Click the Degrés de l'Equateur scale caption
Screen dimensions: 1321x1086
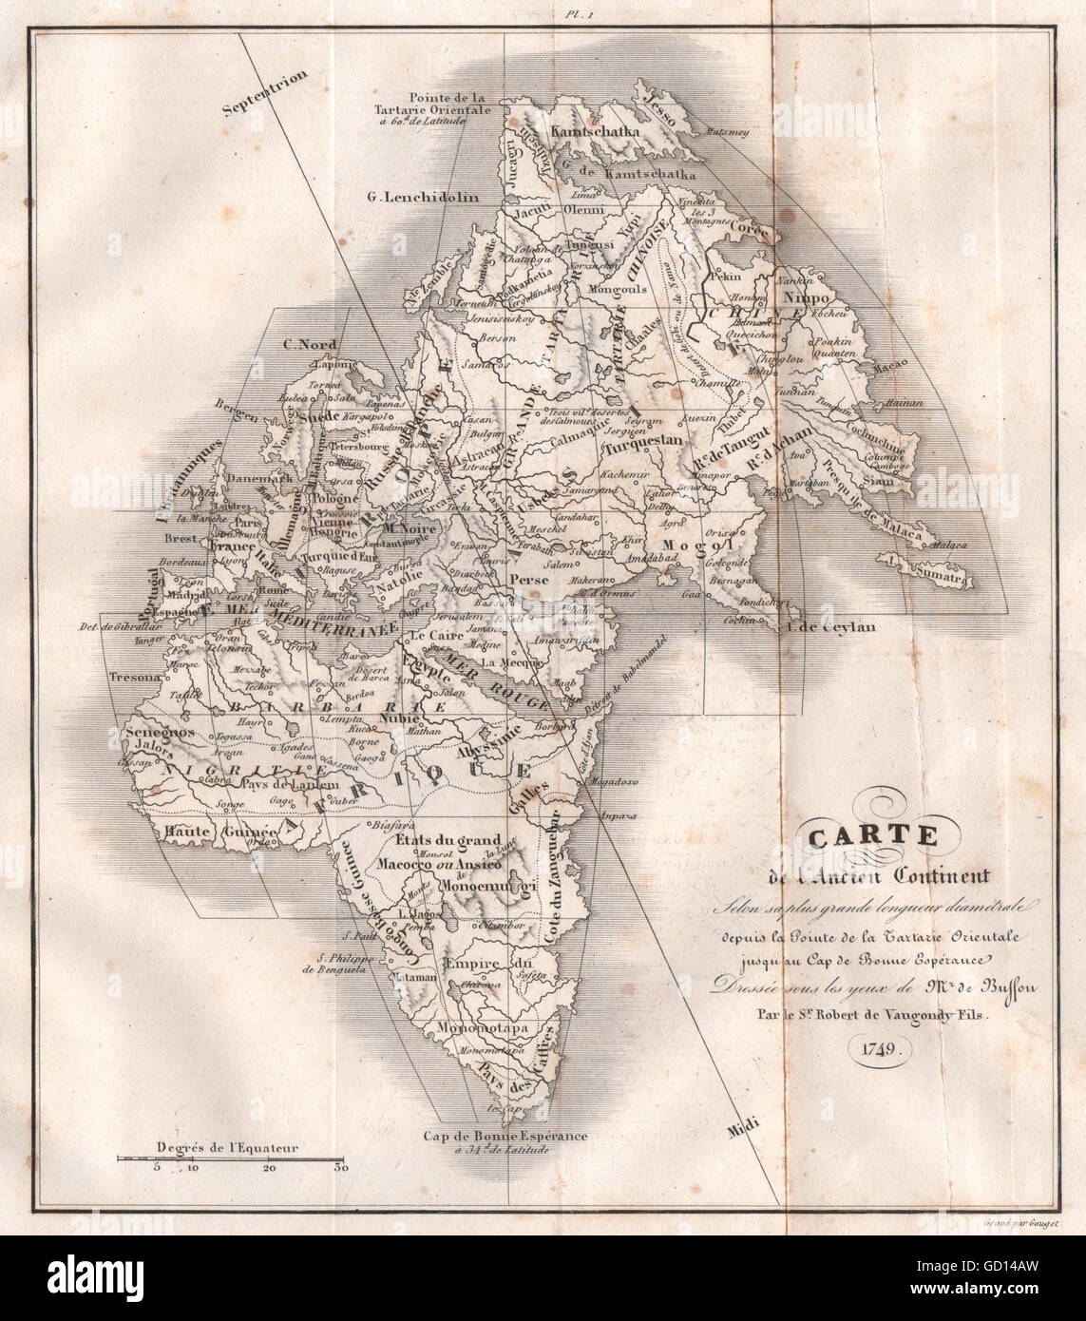[x=218, y=1148]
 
